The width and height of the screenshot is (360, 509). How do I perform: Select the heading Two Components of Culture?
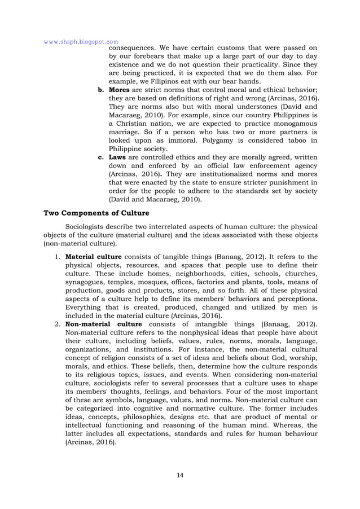99,213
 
